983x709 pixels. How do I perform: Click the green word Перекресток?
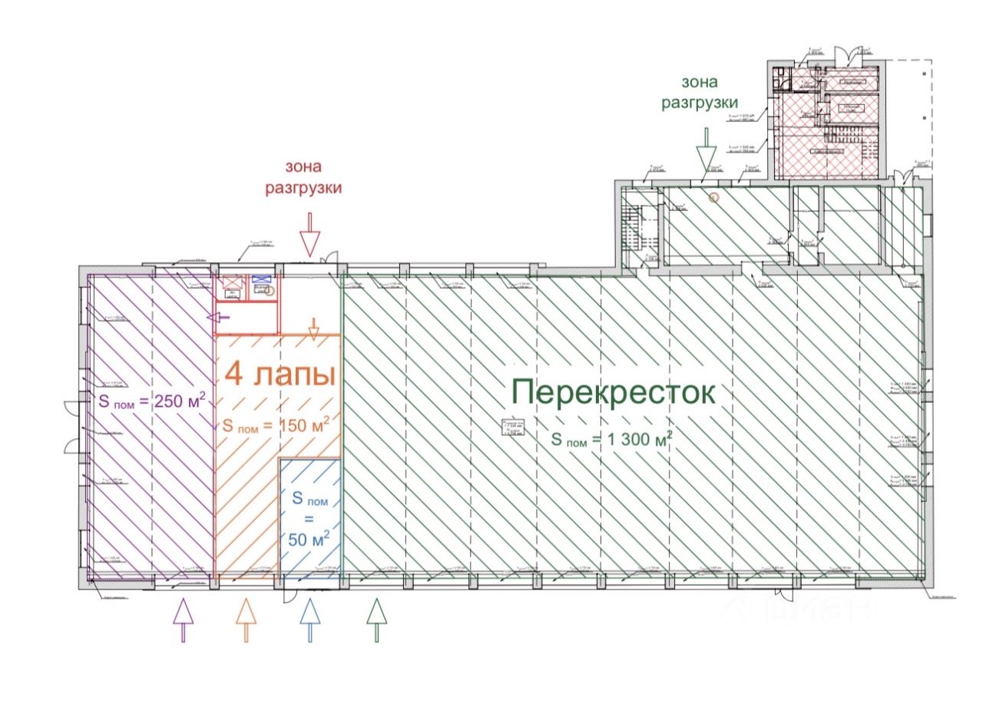(613, 393)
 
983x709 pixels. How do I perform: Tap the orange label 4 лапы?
(280, 375)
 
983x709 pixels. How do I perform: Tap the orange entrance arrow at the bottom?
(245, 619)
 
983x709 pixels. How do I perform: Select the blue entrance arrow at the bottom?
(309, 619)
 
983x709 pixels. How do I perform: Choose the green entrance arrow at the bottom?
(376, 619)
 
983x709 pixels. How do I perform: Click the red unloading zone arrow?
(309, 234)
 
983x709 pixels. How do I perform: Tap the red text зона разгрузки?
(303, 177)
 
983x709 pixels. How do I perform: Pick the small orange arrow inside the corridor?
(313, 325)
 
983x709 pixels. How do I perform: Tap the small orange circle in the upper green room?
(713, 197)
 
